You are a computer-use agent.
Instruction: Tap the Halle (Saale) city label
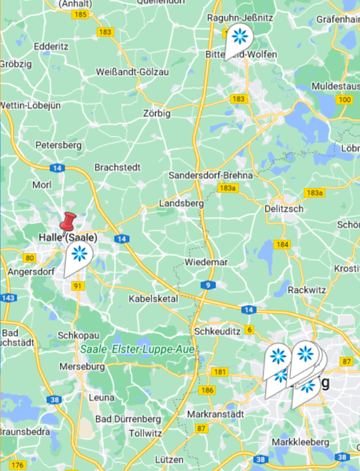click(67, 238)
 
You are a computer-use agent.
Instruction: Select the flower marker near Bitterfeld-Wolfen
click(240, 37)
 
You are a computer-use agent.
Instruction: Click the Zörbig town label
click(156, 114)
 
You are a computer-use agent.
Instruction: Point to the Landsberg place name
click(181, 203)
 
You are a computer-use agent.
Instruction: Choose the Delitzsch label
click(283, 209)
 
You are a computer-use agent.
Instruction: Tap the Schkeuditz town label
click(217, 331)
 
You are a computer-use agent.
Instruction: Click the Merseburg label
click(82, 366)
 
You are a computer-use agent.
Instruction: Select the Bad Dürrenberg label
click(128, 419)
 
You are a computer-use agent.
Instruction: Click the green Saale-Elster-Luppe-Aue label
click(137, 349)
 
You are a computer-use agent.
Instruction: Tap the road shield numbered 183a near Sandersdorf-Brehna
click(227, 188)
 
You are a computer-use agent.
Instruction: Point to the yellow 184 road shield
click(282, 244)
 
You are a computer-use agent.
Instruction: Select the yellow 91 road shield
click(78, 286)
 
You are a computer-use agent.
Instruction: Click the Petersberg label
click(58, 145)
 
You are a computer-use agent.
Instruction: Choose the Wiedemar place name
click(206, 262)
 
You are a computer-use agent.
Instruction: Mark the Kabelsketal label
click(153, 298)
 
